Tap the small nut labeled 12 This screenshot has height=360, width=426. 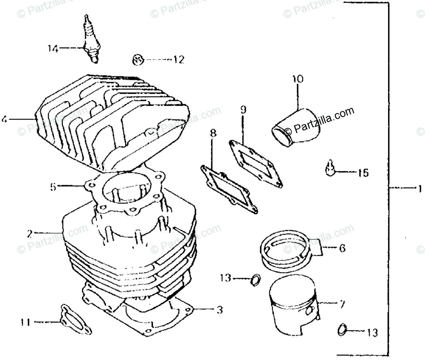pyautogui.click(x=137, y=60)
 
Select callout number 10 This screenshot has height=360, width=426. pyautogui.click(x=297, y=79)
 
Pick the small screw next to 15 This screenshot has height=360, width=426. pyautogui.click(x=330, y=168)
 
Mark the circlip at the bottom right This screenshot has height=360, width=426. pyautogui.click(x=342, y=330)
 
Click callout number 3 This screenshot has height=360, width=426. pyautogui.click(x=219, y=309)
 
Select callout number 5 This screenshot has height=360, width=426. pyautogui.click(x=53, y=187)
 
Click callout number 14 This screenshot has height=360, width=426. pyautogui.click(x=53, y=49)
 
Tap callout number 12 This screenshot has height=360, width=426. pyautogui.click(x=179, y=60)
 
